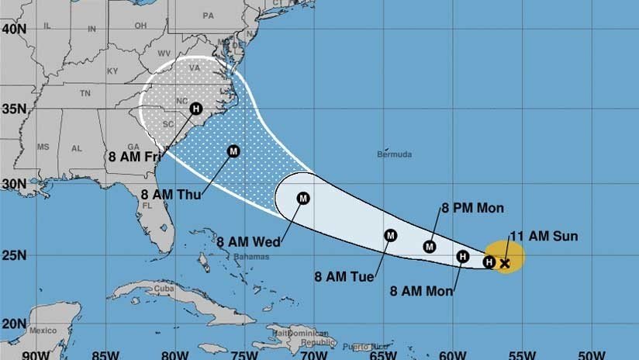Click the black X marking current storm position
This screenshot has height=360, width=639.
pyautogui.click(x=505, y=264)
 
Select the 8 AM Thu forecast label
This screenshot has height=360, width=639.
pyautogui.click(x=171, y=195)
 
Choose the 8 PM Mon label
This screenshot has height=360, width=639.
pyautogui.click(x=472, y=208)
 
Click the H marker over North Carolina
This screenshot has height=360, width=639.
pyautogui.click(x=195, y=109)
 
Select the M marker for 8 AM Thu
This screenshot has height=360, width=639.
pyautogui.click(x=233, y=151)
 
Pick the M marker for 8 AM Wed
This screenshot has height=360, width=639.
pyautogui.click(x=303, y=198)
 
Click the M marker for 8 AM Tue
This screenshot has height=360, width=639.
pyautogui.click(x=390, y=235)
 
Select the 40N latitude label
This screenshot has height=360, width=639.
pyautogui.click(x=13, y=29)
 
